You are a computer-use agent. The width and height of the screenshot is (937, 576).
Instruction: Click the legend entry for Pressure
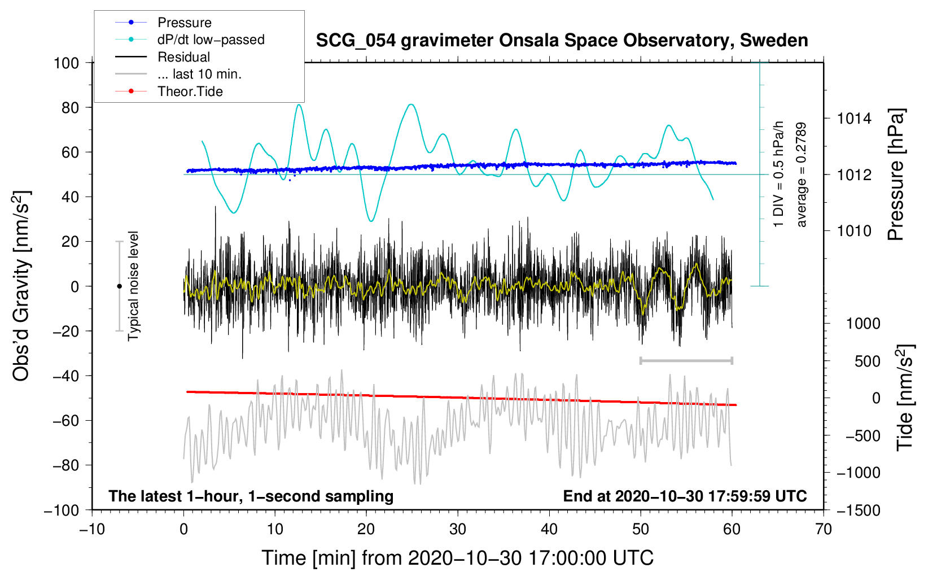pyautogui.click(x=164, y=22)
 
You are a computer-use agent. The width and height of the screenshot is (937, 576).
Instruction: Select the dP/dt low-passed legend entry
pyautogui.click(x=190, y=40)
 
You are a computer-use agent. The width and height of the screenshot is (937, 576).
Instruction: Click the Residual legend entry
pyautogui.click(x=163, y=56)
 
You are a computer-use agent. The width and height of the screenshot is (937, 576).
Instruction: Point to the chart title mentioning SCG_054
pyautogui.click(x=562, y=40)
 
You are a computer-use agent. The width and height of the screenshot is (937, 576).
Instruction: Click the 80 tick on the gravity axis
pyautogui.click(x=71, y=108)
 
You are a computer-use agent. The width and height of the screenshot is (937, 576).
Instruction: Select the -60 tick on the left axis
pyautogui.click(x=65, y=420)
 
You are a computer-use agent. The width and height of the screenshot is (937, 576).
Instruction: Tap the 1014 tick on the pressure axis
pyautogui.click(x=854, y=119)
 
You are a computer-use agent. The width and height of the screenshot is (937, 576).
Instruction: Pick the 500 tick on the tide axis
pyautogui.click(x=867, y=361)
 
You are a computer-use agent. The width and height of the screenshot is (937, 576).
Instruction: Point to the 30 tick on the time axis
pyautogui.click(x=458, y=530)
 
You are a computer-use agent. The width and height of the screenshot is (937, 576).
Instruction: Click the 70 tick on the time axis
pyautogui.click(x=823, y=530)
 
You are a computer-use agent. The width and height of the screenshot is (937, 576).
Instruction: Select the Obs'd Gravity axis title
pyautogui.click(x=21, y=286)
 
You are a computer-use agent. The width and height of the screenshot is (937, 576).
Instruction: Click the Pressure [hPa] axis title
pyautogui.click(x=896, y=174)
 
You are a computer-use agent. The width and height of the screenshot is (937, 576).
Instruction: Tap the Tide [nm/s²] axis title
pyautogui.click(x=905, y=398)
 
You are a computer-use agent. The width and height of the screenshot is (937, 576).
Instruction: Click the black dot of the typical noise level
pyautogui.click(x=119, y=286)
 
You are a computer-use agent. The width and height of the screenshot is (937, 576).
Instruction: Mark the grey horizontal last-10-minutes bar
pyautogui.click(x=686, y=360)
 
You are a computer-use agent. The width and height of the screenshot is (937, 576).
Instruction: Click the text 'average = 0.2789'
pyautogui.click(x=800, y=174)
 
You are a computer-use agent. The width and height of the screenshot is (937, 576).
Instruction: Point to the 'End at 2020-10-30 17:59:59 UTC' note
pyautogui.click(x=685, y=496)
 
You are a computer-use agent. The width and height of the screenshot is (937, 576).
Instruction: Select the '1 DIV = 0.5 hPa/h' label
pyautogui.click(x=778, y=174)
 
